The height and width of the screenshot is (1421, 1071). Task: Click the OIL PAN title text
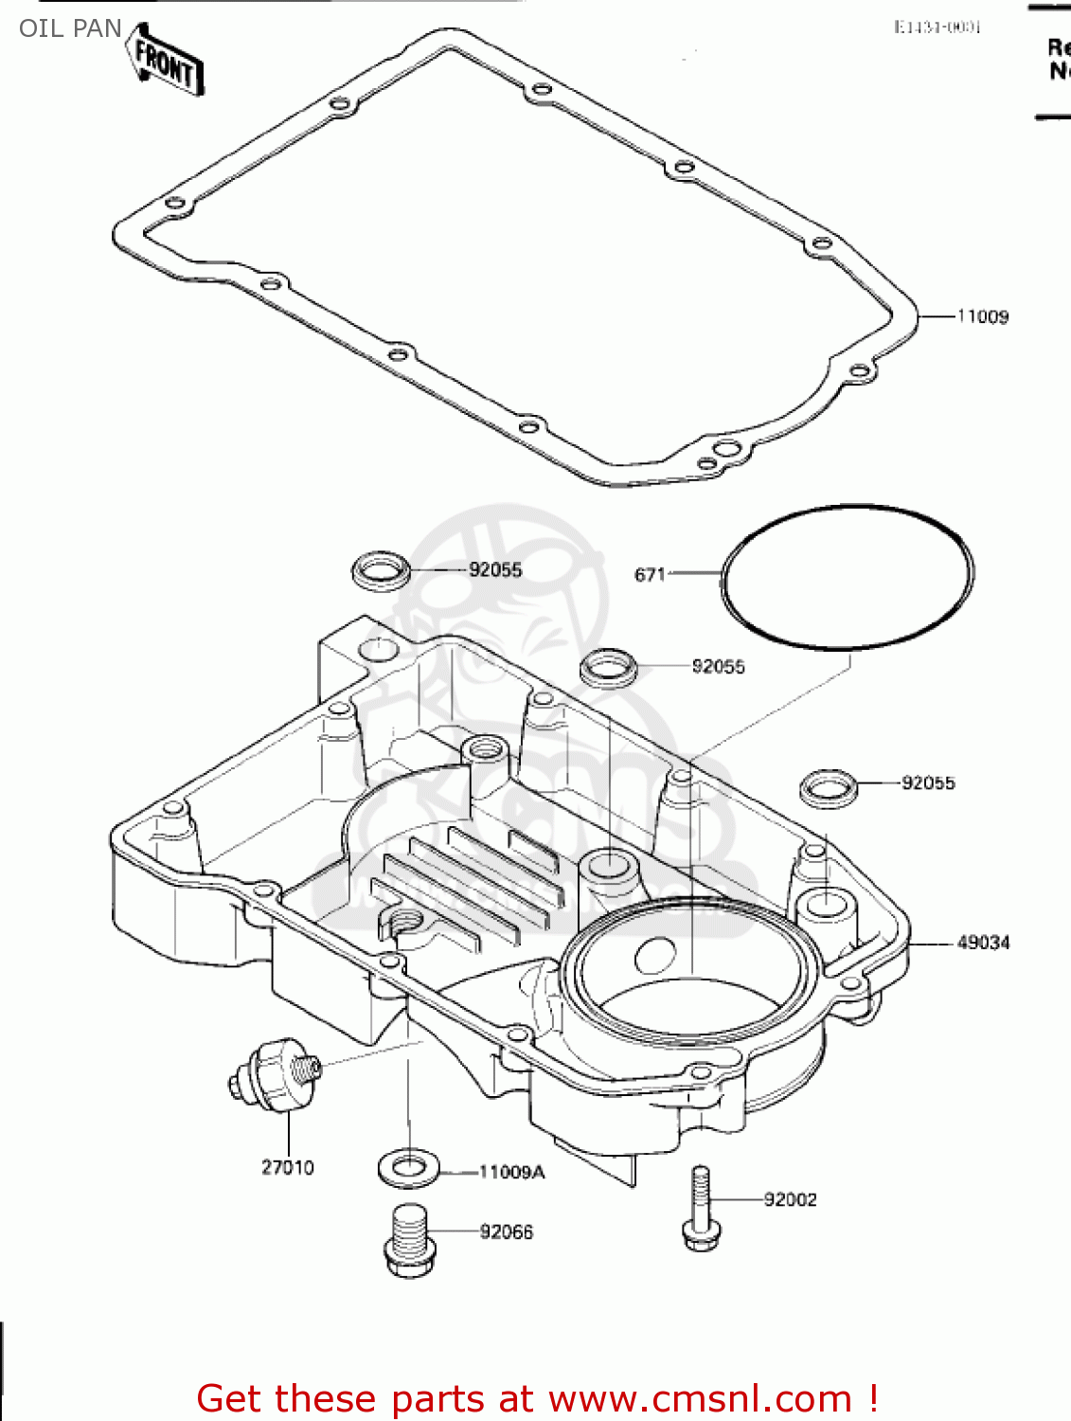pyautogui.click(x=70, y=28)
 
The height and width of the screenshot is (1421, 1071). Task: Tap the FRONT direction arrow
pyautogui.click(x=166, y=63)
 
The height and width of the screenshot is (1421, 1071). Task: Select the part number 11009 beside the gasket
pyautogui.click(x=982, y=316)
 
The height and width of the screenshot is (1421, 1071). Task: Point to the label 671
pyautogui.click(x=650, y=574)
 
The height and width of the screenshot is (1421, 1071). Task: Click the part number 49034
pyautogui.click(x=983, y=943)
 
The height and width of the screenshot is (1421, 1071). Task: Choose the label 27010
pyautogui.click(x=287, y=1167)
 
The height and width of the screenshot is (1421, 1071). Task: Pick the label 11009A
pyautogui.click(x=511, y=1172)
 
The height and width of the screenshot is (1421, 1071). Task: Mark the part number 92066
pyautogui.click(x=506, y=1232)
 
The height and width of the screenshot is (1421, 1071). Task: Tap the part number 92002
pyautogui.click(x=790, y=1199)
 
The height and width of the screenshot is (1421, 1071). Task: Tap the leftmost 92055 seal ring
pyautogui.click(x=381, y=571)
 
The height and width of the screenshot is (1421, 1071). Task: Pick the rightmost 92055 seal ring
pyautogui.click(x=829, y=788)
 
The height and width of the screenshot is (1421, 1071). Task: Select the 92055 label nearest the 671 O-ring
pyautogui.click(x=718, y=667)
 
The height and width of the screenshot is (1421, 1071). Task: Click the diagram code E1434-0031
pyautogui.click(x=937, y=27)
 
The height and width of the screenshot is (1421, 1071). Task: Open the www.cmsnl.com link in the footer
pyautogui.click(x=700, y=1398)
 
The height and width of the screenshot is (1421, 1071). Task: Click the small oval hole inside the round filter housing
pyautogui.click(x=654, y=955)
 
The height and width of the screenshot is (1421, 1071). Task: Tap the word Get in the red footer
pyautogui.click(x=231, y=1398)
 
